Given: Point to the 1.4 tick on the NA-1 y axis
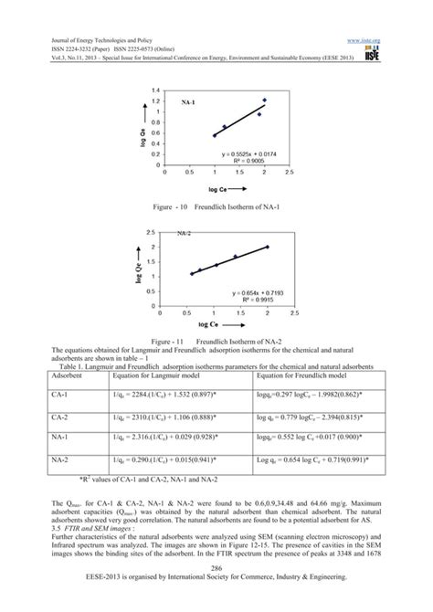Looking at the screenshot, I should pos(157,90).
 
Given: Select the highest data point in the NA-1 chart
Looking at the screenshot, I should pos(264,100).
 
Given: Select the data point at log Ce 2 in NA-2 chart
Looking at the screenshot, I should pos(267,247).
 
